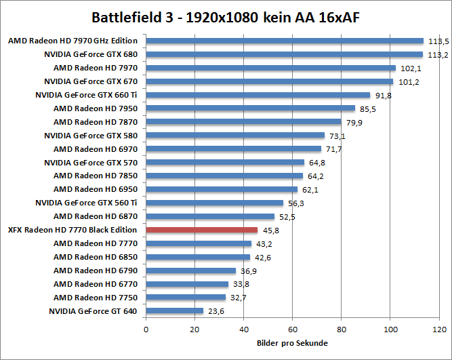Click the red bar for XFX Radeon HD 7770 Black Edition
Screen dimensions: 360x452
201,230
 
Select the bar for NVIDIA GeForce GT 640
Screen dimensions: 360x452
174,311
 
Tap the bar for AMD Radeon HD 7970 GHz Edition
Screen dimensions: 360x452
284,41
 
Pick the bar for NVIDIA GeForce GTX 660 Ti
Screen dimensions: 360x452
258,95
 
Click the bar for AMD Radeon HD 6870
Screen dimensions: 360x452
209,216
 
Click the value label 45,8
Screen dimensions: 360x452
272,231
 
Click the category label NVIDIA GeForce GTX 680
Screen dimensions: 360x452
91,54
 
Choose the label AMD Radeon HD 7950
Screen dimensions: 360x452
96,108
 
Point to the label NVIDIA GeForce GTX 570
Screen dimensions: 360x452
91,163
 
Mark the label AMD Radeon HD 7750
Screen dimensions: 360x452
96,298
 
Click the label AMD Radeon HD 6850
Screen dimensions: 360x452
96,257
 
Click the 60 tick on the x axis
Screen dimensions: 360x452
293,329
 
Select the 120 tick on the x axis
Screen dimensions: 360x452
439,329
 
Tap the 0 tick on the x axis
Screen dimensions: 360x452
146,329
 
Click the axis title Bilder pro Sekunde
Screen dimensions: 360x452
293,343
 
